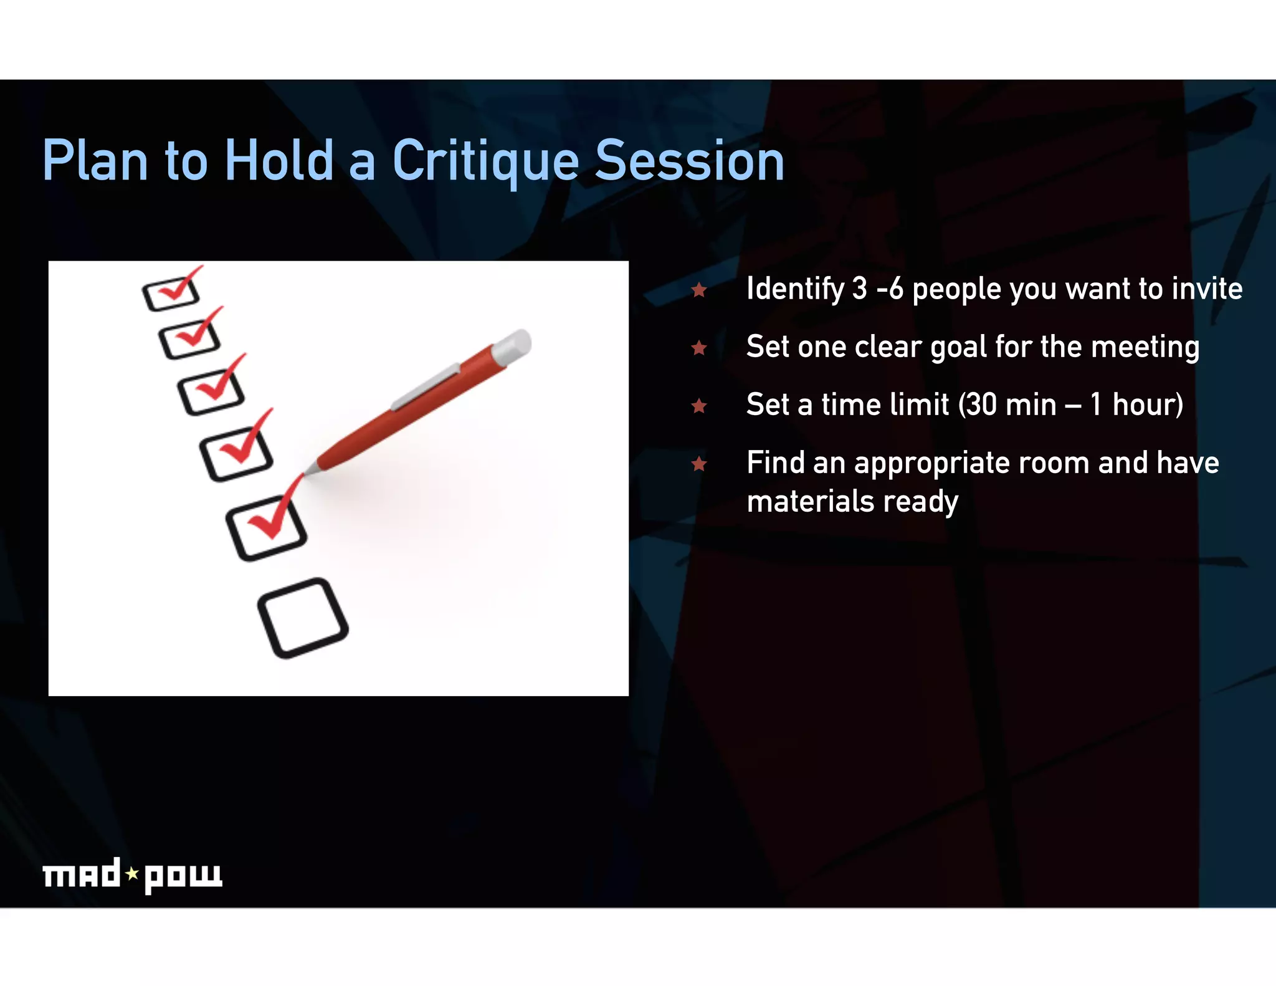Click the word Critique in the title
pos(485,161)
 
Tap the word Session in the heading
pos(689,161)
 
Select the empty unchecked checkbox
pos(303,618)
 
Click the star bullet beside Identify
pos(699,290)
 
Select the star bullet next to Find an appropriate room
pos(699,464)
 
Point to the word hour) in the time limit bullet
pos(1147,405)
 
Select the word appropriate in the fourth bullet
pos(941,464)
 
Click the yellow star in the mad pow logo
pos(132,874)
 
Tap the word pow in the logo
pos(183,876)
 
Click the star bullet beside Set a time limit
pos(699,406)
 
